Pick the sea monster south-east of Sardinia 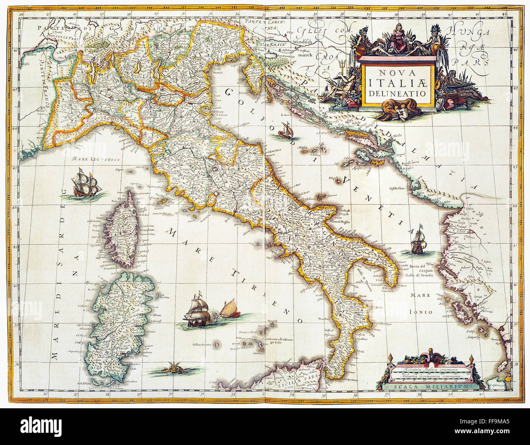[171, 370]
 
